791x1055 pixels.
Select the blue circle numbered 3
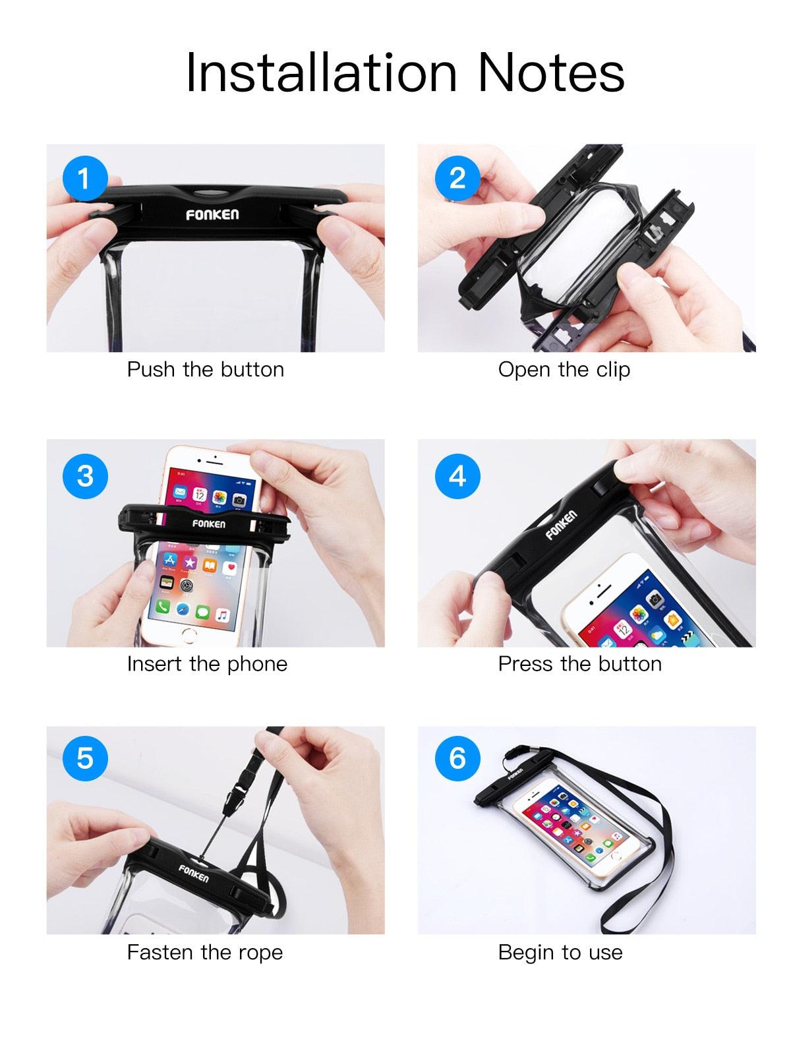(84, 475)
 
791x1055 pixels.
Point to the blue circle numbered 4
(457, 475)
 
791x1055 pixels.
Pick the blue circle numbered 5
(84, 758)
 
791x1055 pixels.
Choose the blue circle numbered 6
(457, 758)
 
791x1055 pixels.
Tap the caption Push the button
(205, 369)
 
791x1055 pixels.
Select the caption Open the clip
(564, 369)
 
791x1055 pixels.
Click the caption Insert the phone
(207, 663)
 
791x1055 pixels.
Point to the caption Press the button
(579, 663)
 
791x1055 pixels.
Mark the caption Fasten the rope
(204, 952)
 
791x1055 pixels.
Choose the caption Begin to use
(560, 952)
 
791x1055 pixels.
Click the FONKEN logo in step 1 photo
(212, 215)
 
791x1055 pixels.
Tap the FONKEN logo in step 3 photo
(208, 524)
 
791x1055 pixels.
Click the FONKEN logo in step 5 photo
(193, 874)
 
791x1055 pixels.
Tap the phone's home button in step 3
(190, 636)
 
